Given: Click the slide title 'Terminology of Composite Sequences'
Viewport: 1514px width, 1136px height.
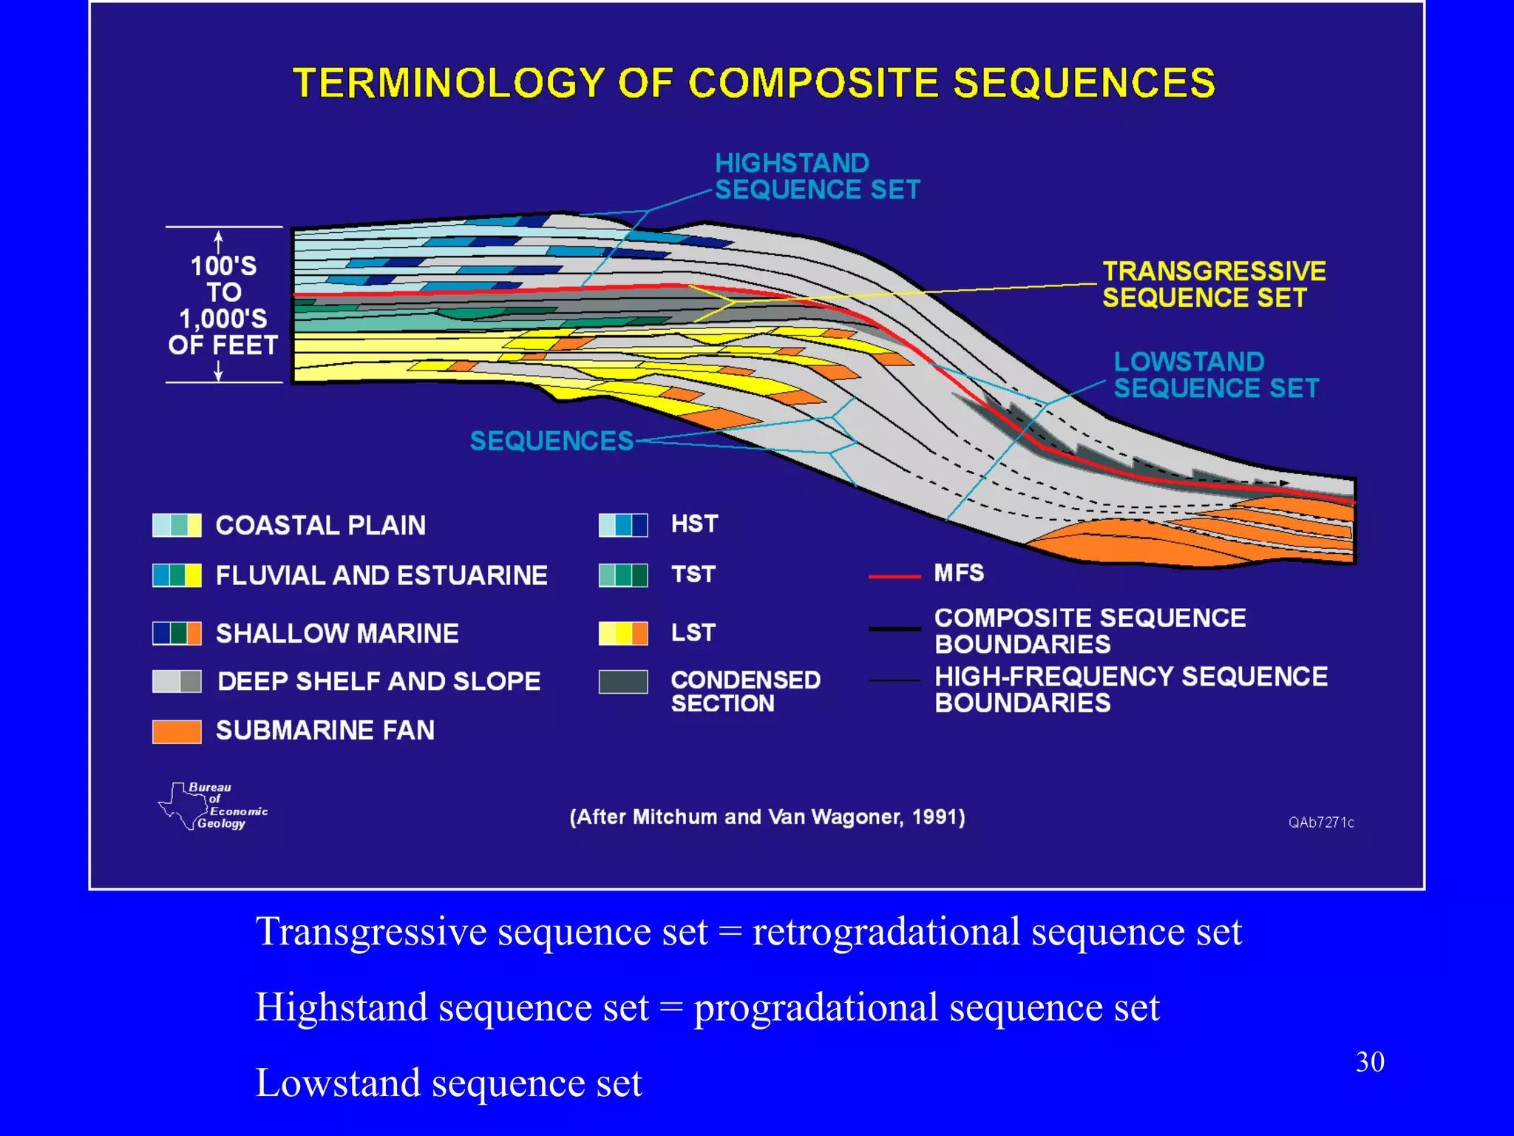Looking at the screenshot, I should (754, 83).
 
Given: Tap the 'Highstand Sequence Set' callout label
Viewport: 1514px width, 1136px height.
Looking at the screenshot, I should (816, 176).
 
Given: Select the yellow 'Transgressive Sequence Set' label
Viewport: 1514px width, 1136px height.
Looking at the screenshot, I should (1213, 284).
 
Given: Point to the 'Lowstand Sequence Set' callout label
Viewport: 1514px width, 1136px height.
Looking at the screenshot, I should (1215, 374).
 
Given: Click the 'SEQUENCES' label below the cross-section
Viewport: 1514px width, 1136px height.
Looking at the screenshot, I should (551, 441).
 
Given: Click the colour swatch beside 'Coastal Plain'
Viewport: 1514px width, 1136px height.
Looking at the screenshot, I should (177, 525).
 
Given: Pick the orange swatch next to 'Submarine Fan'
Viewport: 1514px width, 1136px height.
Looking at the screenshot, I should (177, 731).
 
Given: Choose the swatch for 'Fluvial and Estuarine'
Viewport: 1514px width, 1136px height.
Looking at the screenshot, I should (177, 575).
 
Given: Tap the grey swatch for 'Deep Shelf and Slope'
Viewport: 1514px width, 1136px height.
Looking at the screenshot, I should (177, 681).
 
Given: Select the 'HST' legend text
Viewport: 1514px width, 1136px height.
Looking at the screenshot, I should (694, 524).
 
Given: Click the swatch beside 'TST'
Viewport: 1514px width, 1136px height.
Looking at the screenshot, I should (622, 575).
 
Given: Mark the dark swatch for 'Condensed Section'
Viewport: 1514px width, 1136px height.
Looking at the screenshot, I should (622, 681).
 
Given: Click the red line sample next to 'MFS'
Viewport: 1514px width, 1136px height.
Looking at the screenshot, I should (894, 575).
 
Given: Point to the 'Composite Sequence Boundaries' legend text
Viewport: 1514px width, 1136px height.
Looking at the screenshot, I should (1090, 631).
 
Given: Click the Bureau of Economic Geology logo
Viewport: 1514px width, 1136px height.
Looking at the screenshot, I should (213, 805).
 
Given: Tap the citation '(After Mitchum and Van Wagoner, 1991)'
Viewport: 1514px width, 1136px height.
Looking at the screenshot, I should (767, 817).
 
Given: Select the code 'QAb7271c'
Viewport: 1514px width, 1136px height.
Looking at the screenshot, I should (1320, 822).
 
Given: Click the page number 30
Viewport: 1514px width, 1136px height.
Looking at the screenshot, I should (1369, 1062).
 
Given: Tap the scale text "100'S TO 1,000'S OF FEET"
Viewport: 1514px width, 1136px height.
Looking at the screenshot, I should (223, 305).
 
